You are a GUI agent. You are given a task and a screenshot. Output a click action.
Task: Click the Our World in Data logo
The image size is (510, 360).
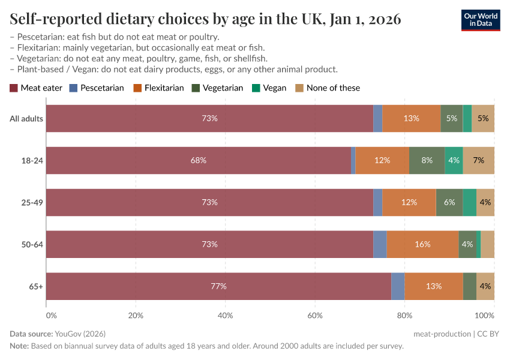481,19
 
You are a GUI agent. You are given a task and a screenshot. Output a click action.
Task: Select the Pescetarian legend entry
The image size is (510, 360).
97,88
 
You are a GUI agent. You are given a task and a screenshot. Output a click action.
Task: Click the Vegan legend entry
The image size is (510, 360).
269,88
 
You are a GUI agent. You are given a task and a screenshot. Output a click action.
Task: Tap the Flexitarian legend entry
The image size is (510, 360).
160,88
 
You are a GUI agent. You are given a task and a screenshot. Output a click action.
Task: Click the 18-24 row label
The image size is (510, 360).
32,161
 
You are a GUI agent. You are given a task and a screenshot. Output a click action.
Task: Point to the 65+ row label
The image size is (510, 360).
36,287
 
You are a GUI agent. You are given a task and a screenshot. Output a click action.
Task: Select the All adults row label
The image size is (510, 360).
26,119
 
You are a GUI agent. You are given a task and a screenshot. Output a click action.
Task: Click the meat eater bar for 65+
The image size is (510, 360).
218,287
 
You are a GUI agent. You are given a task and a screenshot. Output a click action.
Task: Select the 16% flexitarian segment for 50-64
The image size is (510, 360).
422,245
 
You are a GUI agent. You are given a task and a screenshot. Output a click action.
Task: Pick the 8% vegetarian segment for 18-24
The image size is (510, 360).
427,161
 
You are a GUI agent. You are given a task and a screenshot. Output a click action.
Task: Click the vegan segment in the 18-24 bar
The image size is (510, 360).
454,161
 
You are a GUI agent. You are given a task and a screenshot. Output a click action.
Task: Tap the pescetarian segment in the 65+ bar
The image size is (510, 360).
398,287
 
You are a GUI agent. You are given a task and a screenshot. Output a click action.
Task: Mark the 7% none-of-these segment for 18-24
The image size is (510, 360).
479,161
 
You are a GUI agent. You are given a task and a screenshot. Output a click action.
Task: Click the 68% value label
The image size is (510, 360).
199,161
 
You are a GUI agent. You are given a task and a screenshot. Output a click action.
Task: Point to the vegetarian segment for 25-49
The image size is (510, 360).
449,203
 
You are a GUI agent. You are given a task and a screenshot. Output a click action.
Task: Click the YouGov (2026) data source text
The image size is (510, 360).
80,334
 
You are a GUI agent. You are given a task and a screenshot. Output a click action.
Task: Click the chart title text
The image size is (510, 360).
205,19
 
